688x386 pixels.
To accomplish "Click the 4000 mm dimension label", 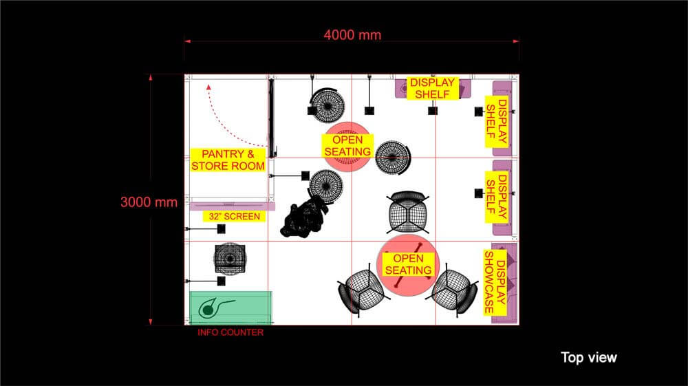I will pyautogui.click(x=352, y=34).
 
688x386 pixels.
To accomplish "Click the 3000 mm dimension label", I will pyautogui.click(x=149, y=202).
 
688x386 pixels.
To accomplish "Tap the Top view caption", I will pyautogui.click(x=588, y=357).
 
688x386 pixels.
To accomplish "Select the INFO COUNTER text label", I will pyautogui.click(x=230, y=332).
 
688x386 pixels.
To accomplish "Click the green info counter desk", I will pyautogui.click(x=230, y=307).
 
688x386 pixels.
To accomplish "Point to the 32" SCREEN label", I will pyautogui.click(x=234, y=216).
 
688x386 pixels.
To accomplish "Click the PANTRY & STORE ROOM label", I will pyautogui.click(x=228, y=160).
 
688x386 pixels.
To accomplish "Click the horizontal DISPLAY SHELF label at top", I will pyautogui.click(x=432, y=88).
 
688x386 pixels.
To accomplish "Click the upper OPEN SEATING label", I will pyautogui.click(x=347, y=145).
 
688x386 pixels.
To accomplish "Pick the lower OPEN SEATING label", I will pyautogui.click(x=407, y=265).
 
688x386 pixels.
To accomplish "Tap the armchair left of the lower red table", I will pyautogui.click(x=362, y=290).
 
